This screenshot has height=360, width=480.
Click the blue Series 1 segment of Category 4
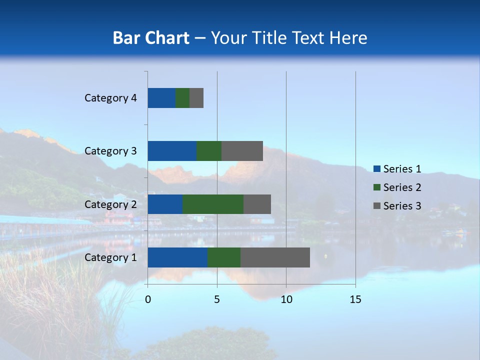161,98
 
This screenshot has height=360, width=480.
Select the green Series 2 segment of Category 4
182,98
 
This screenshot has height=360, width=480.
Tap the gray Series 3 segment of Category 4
196,98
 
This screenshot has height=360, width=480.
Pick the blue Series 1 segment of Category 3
172,151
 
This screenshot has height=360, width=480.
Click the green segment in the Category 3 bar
209,151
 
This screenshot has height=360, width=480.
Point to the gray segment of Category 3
242,151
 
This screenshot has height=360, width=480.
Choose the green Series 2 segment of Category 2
213,204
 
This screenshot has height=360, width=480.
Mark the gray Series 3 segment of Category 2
257,204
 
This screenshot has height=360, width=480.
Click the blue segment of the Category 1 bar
177,257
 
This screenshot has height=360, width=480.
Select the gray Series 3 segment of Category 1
275,257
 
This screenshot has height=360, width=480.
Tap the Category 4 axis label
110,98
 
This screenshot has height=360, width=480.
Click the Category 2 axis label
110,204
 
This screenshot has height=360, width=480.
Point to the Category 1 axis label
110,257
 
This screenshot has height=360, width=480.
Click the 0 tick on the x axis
148,299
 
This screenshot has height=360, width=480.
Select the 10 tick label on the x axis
286,299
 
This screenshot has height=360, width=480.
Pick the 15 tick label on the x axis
355,299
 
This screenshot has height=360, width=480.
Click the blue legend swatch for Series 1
376,169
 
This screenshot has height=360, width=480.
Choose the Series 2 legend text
402,187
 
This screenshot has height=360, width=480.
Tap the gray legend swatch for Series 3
376,206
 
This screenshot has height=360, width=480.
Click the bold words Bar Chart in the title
151,38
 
